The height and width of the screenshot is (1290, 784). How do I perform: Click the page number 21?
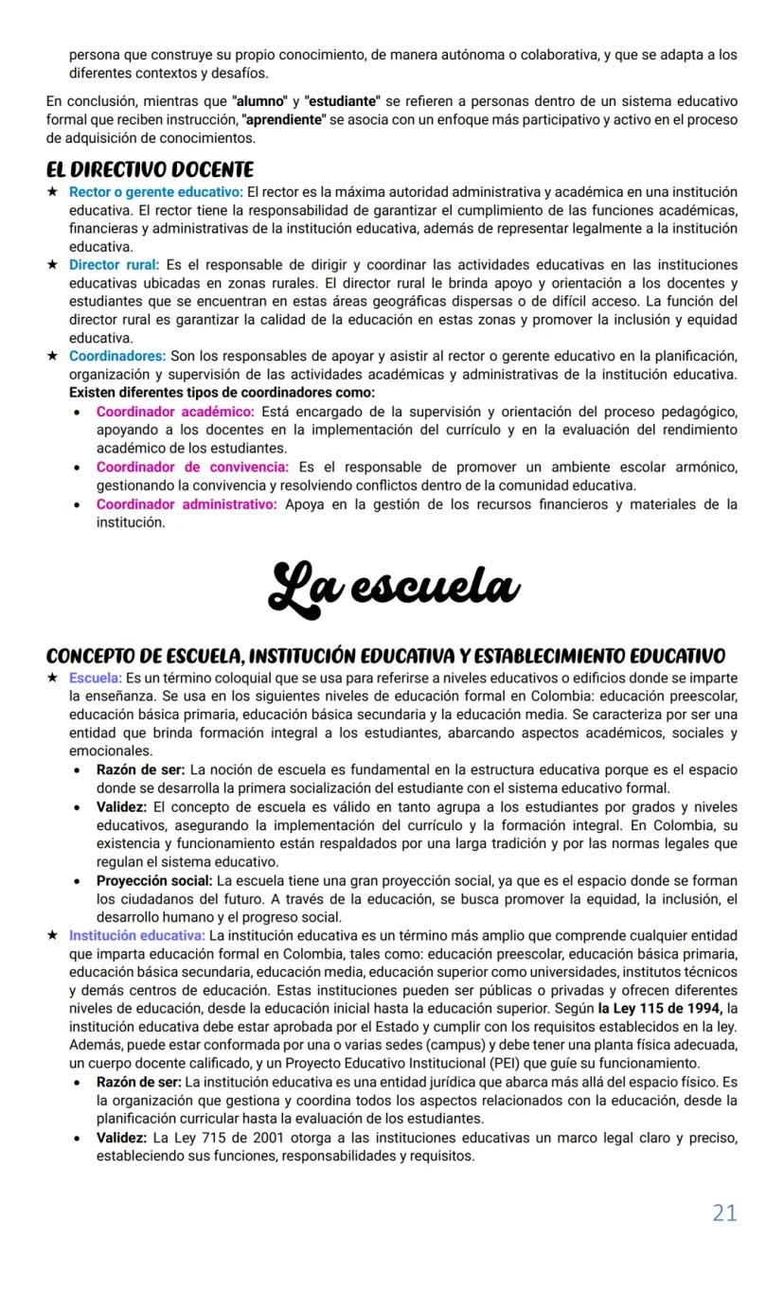click(724, 1212)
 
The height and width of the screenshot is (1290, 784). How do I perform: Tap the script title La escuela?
click(393, 585)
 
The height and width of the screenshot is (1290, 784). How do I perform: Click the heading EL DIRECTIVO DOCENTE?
click(150, 169)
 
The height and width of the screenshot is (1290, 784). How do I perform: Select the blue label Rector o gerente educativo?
click(155, 192)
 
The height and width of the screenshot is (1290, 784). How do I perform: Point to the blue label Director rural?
click(114, 265)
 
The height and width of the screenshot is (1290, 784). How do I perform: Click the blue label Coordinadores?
click(116, 356)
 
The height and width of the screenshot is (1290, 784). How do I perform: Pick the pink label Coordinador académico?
click(175, 412)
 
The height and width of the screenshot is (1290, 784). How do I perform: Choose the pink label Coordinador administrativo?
click(187, 504)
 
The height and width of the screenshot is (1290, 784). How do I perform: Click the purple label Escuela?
click(95, 679)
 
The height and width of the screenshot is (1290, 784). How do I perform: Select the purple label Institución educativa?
click(136, 935)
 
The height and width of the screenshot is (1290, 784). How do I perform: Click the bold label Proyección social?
click(154, 880)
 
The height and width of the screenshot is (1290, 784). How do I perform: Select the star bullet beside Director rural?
click(53, 265)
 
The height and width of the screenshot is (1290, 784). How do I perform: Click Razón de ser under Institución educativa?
click(138, 1081)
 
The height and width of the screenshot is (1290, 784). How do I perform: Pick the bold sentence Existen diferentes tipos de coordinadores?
click(222, 392)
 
